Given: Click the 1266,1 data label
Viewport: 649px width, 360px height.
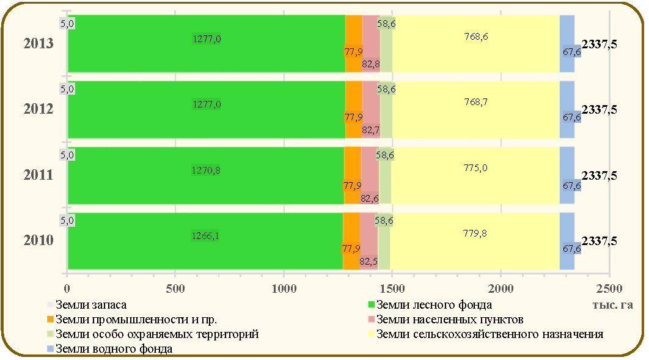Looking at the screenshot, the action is click(x=205, y=235).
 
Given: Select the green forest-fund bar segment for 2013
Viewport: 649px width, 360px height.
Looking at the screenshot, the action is click(x=207, y=43).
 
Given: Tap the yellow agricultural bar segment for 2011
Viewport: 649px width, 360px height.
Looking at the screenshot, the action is click(x=475, y=175).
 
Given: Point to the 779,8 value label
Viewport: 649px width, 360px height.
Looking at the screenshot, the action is click(x=475, y=233).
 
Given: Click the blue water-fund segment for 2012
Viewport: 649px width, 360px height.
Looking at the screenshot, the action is click(x=567, y=109).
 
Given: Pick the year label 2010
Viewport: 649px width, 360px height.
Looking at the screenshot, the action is click(x=38, y=240).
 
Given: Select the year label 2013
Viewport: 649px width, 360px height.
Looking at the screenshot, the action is click(x=38, y=43).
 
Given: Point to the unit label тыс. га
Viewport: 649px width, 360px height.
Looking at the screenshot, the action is click(x=612, y=305).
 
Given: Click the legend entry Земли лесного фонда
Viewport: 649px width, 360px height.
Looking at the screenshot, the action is click(x=430, y=305).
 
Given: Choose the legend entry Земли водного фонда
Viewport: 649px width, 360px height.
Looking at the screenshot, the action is click(x=109, y=349).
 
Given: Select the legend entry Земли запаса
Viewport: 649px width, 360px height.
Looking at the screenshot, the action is click(x=87, y=305).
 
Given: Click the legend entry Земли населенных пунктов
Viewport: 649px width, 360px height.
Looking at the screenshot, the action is click(x=446, y=320).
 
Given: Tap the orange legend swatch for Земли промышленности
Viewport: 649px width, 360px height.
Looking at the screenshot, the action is click(x=51, y=320).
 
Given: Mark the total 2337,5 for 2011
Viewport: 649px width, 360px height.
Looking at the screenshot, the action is click(x=599, y=175).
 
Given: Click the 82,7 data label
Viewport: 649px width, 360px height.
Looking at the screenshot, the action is click(x=370, y=130).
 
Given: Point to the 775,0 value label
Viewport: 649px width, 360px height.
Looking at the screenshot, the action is click(x=475, y=168).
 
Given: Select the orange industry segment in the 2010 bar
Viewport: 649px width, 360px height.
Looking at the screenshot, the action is click(x=351, y=241).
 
